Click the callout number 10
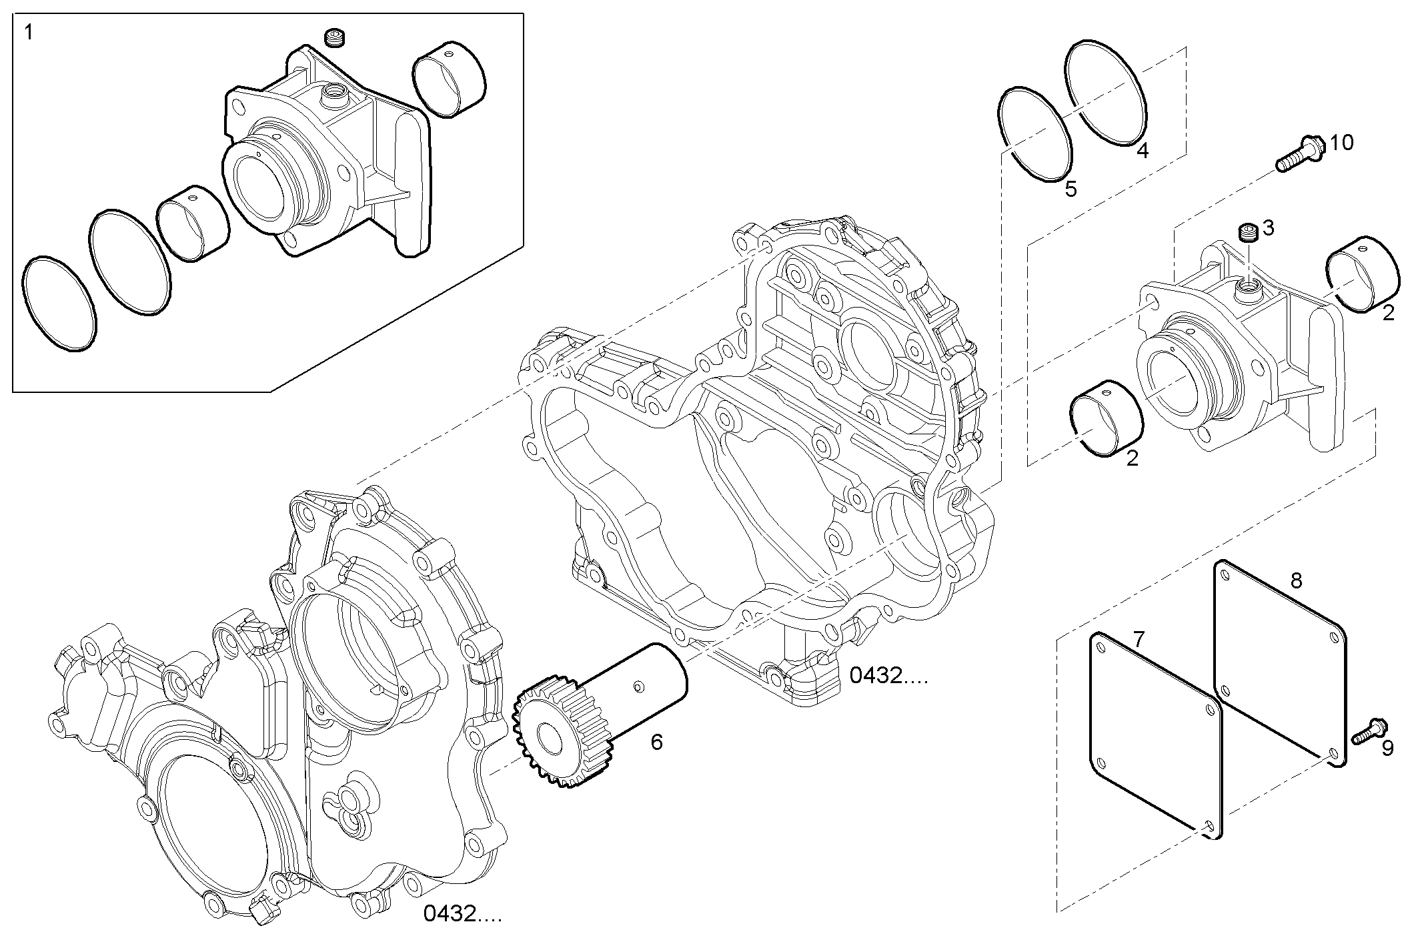[1341, 143]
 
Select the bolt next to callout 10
[1294, 154]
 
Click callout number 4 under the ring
[1143, 151]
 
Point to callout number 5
[1071, 189]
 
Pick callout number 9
[1387, 749]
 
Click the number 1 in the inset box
[29, 33]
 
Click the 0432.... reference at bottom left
[462, 913]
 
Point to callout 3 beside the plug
[1269, 228]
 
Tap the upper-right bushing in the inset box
[450, 79]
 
